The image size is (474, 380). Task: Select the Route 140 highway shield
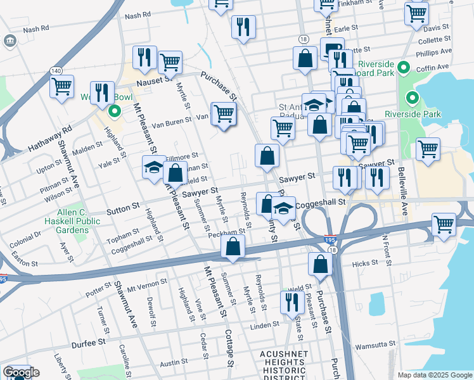[x=56, y=71]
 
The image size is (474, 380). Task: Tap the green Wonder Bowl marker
[x=115, y=113]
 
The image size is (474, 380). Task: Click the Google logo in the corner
[x=20, y=372]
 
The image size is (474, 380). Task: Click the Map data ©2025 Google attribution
[x=434, y=375]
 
